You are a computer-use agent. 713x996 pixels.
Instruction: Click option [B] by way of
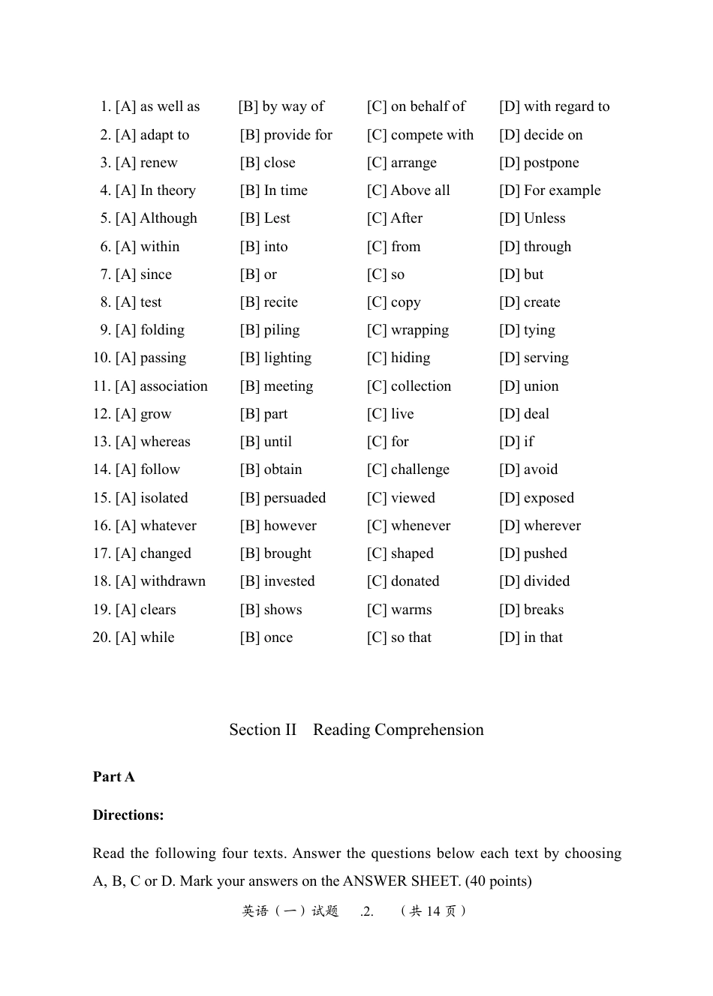pos(281,106)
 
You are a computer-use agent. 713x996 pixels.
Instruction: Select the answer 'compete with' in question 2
pos(432,135)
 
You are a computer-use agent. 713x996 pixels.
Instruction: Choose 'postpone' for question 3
pos(551,163)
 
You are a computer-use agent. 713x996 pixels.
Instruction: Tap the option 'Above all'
pos(420,190)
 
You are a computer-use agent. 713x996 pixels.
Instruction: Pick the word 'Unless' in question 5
pos(544,218)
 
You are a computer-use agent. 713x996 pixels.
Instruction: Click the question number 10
pos(101,358)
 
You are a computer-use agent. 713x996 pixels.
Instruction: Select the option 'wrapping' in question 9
pos(420,330)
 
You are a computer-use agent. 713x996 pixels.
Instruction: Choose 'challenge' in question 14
pos(420,469)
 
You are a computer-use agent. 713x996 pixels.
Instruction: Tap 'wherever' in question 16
pos(552,526)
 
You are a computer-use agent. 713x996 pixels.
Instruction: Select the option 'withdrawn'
pos(173,581)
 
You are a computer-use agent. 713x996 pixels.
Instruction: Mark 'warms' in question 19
pos(411,610)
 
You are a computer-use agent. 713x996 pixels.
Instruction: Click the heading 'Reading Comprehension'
pos(398,730)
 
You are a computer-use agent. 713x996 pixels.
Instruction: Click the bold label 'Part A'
pos(114,777)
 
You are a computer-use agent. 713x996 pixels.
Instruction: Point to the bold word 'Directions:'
pos(128,815)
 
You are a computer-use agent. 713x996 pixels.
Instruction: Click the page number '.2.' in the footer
pos(367,912)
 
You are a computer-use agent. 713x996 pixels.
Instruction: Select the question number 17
pos(101,553)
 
